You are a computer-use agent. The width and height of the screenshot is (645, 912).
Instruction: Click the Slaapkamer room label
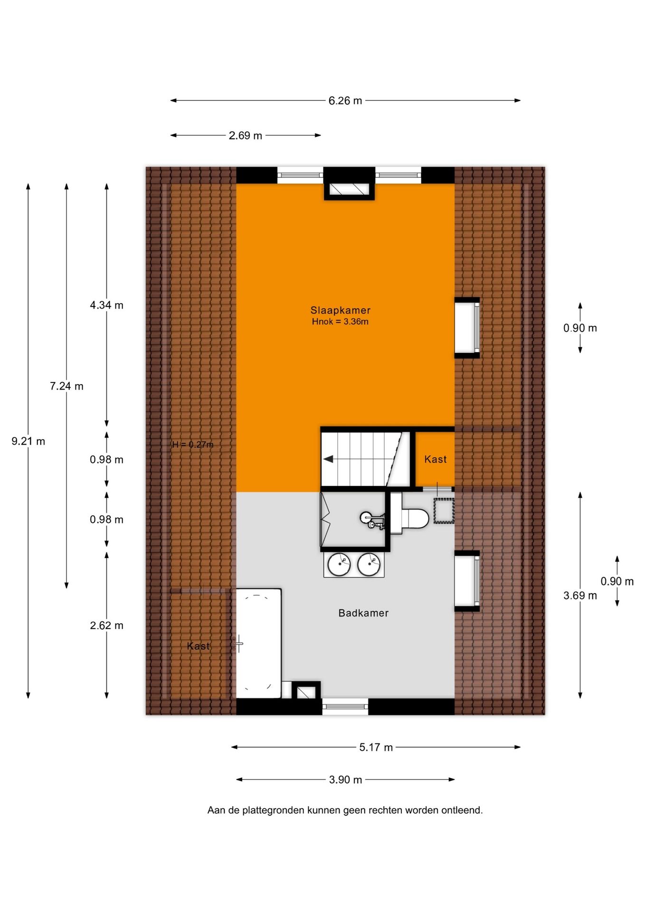pyautogui.click(x=340, y=310)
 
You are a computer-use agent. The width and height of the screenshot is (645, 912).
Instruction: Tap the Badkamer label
pyautogui.click(x=363, y=613)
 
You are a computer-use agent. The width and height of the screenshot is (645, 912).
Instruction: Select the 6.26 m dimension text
pyautogui.click(x=345, y=101)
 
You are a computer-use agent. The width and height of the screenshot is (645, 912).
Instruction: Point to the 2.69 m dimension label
pyautogui.click(x=245, y=135)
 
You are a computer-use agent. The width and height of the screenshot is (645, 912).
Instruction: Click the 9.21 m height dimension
pyautogui.click(x=28, y=441)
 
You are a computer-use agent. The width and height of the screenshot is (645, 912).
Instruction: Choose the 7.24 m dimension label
pyautogui.click(x=66, y=386)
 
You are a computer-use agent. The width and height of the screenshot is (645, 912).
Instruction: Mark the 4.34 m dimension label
pyautogui.click(x=106, y=305)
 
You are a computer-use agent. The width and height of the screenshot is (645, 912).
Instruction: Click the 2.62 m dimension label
pyautogui.click(x=106, y=626)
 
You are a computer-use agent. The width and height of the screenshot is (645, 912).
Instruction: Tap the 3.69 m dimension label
pyautogui.click(x=580, y=596)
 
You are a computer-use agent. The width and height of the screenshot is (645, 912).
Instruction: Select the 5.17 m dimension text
pyautogui.click(x=376, y=747)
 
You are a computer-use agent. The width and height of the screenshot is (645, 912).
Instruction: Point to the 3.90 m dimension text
pyautogui.click(x=345, y=779)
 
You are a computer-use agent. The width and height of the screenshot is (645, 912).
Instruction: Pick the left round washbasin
pyautogui.click(x=339, y=565)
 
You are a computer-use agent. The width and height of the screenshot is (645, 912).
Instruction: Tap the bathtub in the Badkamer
pyautogui.click(x=258, y=644)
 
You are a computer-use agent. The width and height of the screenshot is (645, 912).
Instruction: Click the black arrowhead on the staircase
pyautogui.click(x=328, y=459)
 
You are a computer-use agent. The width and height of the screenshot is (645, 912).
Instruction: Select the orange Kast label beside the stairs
pyautogui.click(x=435, y=459)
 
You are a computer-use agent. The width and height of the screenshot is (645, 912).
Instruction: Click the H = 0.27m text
pyautogui.click(x=192, y=445)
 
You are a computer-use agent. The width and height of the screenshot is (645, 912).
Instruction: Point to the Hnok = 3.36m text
pyautogui.click(x=340, y=322)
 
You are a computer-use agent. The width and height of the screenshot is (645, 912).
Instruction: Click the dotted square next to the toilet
pyautogui.click(x=444, y=511)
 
